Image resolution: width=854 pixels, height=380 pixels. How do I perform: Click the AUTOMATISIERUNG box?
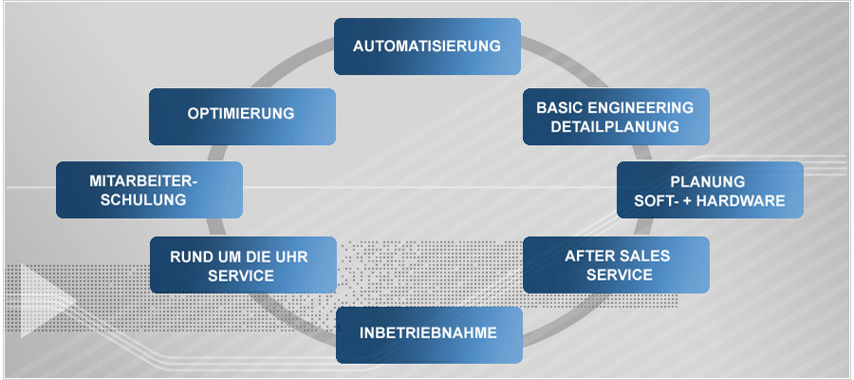coord(427,45)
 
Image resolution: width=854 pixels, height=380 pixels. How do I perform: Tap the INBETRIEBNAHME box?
coord(429,335)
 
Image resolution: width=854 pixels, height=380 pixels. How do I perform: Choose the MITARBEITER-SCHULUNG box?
coord(149,190)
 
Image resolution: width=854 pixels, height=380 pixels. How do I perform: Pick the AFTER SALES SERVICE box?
coord(617,264)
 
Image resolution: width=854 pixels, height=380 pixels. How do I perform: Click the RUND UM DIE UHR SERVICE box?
coord(243,264)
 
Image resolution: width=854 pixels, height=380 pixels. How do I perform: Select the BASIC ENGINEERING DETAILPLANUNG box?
coord(616,117)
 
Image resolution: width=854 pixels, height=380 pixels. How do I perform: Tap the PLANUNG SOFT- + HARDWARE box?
coord(710,190)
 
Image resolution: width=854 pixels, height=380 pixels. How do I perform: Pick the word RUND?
coord(190,256)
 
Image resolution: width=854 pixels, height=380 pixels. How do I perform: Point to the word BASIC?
coord(558,107)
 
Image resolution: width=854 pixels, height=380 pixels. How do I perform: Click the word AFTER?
coord(588,256)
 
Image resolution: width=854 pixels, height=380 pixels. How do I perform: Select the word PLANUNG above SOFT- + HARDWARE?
coord(707,181)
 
